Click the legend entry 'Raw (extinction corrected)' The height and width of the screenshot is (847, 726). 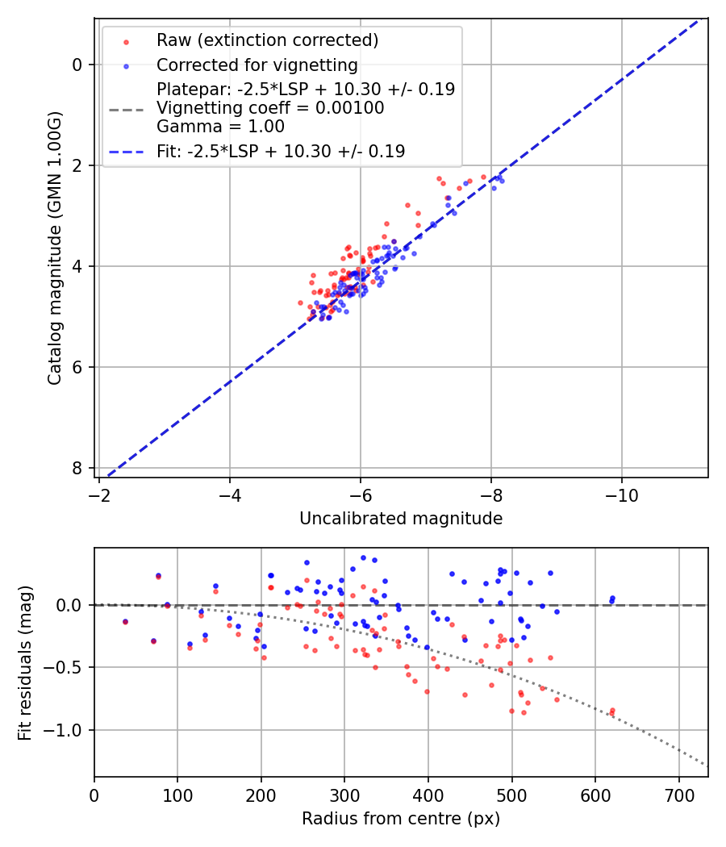coord(267,40)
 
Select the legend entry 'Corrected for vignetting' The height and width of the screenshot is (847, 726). coord(257,65)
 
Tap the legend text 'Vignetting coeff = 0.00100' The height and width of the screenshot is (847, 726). coord(270,108)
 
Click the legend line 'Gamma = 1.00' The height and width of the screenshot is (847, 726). coord(220,127)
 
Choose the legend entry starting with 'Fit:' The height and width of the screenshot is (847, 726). coord(281,151)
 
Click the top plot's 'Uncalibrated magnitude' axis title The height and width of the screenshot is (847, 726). coord(401,519)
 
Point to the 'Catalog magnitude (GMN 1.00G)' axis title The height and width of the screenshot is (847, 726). coord(54,247)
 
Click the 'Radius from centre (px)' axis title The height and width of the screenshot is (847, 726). coord(401,819)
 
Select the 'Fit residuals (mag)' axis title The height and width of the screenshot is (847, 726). coord(25,662)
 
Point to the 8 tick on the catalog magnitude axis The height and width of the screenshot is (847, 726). coord(77,468)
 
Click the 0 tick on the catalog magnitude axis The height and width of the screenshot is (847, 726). coord(77,65)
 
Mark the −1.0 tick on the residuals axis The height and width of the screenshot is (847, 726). coord(66,730)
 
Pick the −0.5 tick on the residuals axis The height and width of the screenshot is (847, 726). coord(66,667)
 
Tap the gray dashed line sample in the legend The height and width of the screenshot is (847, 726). coord(125,108)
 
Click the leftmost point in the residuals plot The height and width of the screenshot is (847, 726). coord(125,622)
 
